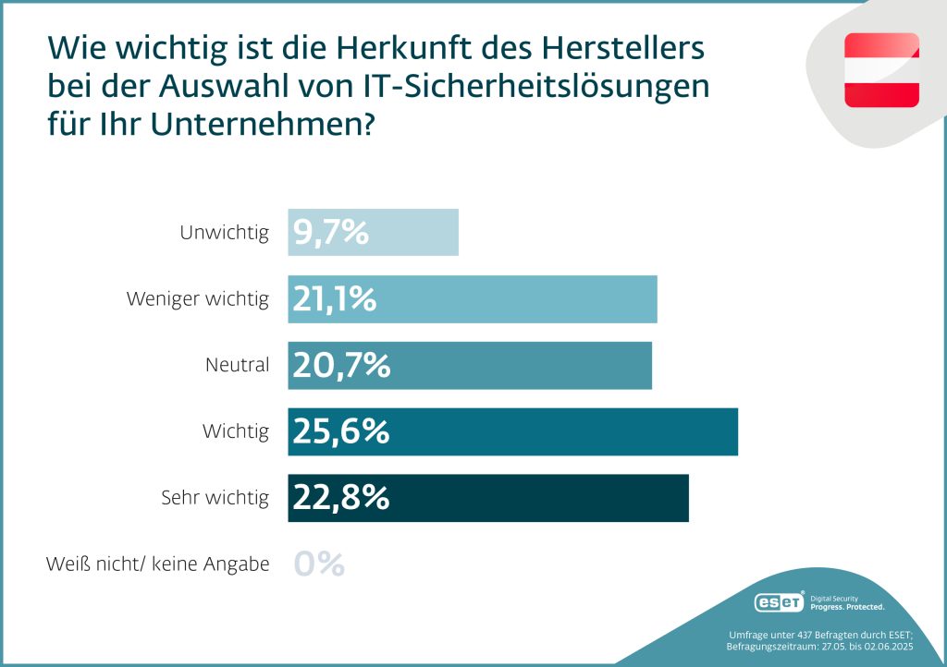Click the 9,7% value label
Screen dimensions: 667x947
pyautogui.click(x=331, y=233)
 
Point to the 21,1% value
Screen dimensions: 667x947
pyautogui.click(x=335, y=299)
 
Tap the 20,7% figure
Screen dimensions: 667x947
pyautogui.click(x=341, y=366)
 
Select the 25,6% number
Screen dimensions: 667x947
pyautogui.click(x=341, y=431)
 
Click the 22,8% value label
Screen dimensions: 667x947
pyautogui.click(x=341, y=498)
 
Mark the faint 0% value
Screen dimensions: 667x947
pyautogui.click(x=319, y=564)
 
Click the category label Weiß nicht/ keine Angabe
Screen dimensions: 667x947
pyautogui.click(x=158, y=564)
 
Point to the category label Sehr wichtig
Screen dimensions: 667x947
pyautogui.click(x=215, y=498)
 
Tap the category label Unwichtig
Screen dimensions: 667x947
pyautogui.click(x=224, y=233)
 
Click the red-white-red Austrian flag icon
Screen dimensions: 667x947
pyautogui.click(x=881, y=70)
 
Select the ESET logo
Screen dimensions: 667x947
pyautogui.click(x=780, y=602)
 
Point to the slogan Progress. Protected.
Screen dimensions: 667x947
pyautogui.click(x=847, y=607)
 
